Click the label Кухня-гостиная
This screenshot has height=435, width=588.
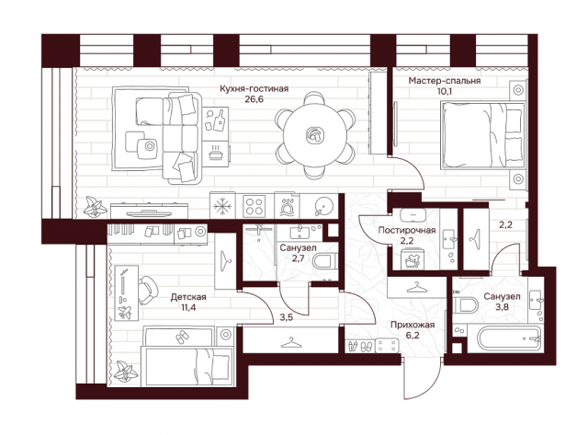coord(254,88)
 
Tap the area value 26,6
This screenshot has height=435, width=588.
coord(254,99)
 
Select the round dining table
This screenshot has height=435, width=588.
coord(314,135)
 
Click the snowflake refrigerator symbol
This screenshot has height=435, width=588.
coord(222,206)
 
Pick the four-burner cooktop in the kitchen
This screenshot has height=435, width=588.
coord(254,206)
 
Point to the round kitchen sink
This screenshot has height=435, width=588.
coord(323,205)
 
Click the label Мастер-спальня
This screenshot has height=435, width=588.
coord(445,81)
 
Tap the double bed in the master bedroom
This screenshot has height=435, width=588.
coord(483,135)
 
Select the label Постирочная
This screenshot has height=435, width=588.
coord(407,230)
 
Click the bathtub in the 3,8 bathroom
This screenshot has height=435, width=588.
coord(510,339)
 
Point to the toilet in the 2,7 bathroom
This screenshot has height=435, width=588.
coord(325,261)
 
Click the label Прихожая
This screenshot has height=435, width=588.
coord(413,325)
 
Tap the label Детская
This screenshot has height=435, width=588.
coord(188,297)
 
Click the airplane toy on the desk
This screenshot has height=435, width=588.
coord(124,313)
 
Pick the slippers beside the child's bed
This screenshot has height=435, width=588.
coord(183,337)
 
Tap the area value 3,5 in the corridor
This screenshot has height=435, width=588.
coord(287,318)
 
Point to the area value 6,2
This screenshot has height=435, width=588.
coord(412,335)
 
